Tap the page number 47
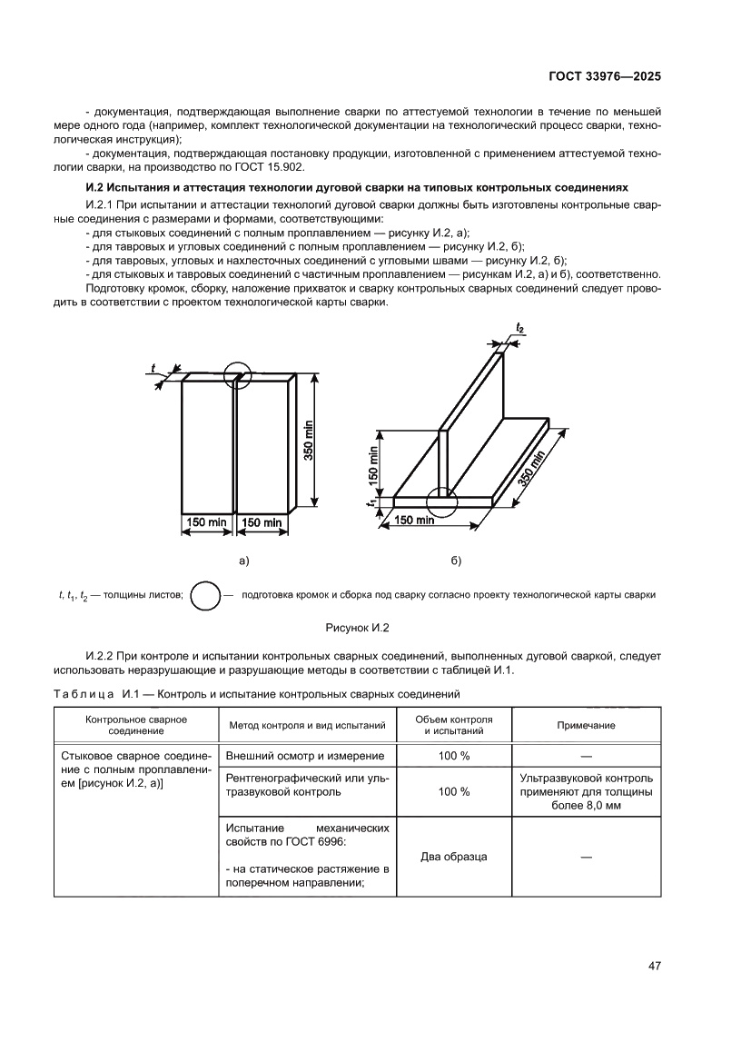point(653,966)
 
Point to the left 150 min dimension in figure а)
point(207,523)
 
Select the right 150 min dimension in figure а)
point(262,523)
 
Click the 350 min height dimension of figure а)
point(309,440)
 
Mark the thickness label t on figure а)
point(153,369)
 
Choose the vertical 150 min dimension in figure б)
point(374,463)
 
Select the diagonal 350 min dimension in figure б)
point(530,470)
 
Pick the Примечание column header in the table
point(586,725)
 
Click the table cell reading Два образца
point(453,857)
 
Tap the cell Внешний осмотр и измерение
point(304,756)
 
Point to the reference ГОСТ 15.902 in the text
point(278,168)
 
